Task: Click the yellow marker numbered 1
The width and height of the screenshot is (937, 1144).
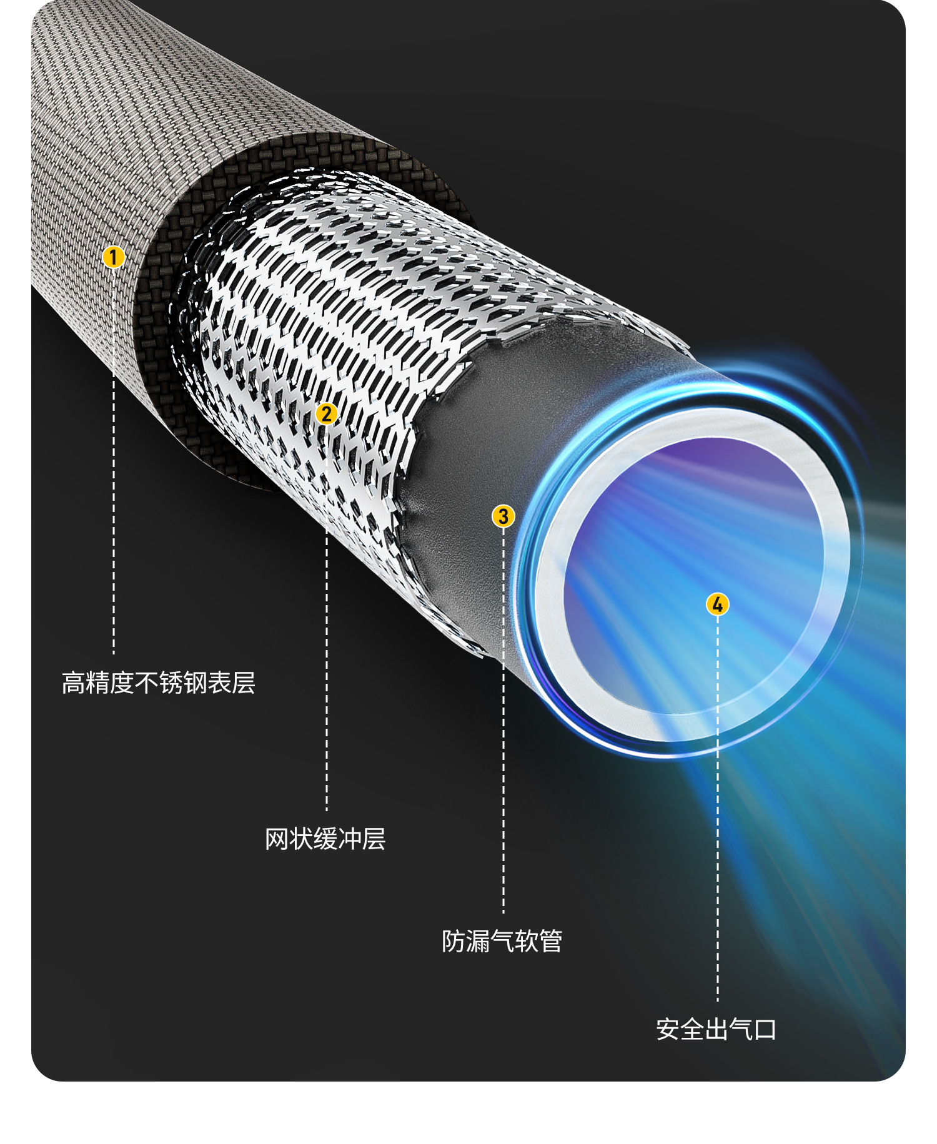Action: coord(113,257)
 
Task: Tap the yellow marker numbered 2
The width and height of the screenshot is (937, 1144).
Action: coord(326,413)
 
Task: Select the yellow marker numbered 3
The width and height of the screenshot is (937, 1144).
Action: coord(503,516)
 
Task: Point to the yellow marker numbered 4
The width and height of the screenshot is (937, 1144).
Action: coord(717,604)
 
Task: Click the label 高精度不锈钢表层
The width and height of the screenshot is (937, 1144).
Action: coord(159,683)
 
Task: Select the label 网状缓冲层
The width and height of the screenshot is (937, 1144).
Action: coord(325,839)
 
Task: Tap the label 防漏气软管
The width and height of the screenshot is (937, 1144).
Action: coord(502,941)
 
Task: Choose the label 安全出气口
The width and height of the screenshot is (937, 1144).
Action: coord(716,1030)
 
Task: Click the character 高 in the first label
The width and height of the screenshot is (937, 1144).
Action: coord(74,683)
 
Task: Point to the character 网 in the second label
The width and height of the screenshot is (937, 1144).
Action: coord(277,839)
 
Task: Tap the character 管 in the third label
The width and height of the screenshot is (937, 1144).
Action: coord(550,941)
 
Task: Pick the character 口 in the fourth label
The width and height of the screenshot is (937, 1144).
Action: coord(765,1030)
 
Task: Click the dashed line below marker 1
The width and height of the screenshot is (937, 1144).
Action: coord(114,500)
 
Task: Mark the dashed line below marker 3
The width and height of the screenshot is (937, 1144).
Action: coord(503,749)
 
